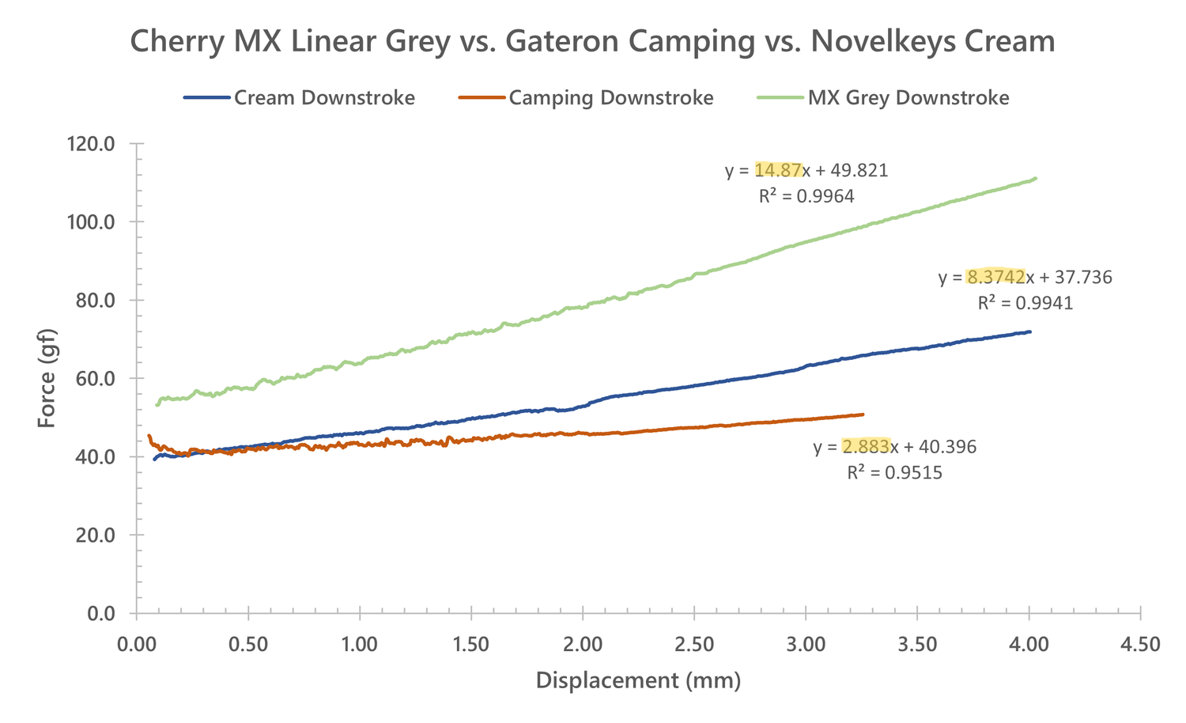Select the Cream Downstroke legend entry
[x=324, y=98]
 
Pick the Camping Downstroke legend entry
[x=610, y=98]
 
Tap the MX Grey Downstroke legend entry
[x=908, y=98]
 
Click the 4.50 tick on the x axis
[x=1140, y=645]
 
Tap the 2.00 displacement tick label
[x=583, y=645]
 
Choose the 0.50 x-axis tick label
[x=248, y=645]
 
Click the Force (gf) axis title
[x=47, y=378]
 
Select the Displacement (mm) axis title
[x=638, y=680]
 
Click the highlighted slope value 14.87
[x=778, y=171]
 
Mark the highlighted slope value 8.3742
[x=995, y=277]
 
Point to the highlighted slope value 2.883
[x=866, y=447]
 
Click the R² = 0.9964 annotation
[x=806, y=197]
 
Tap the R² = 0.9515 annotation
[x=894, y=473]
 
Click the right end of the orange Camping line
[x=863, y=414]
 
